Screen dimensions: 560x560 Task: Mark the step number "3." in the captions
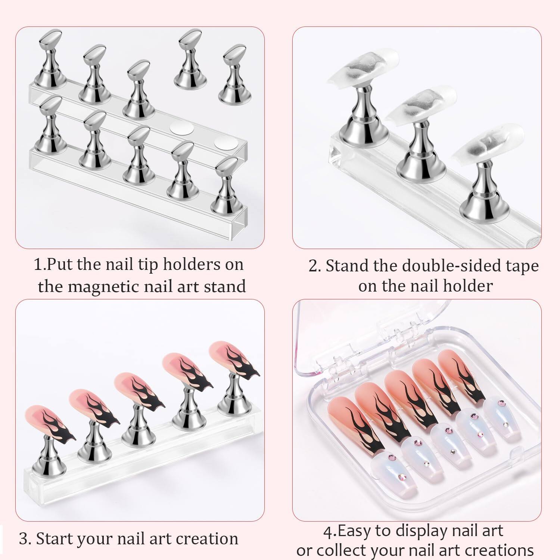(25, 539)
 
